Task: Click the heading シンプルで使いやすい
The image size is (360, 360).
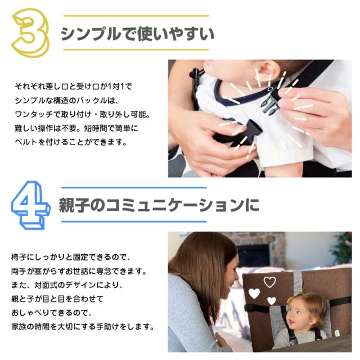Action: (137, 34)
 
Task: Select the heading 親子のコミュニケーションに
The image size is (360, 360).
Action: (159, 205)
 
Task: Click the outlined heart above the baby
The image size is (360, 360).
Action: (269, 282)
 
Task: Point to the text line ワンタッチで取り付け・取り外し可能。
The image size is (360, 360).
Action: (82, 114)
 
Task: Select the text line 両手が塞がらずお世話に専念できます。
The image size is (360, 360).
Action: (79, 271)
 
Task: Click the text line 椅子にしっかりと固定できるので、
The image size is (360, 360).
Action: (71, 257)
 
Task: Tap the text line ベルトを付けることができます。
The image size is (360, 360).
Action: (71, 142)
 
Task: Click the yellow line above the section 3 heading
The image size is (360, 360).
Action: (136, 16)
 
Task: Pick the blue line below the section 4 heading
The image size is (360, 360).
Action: (134, 222)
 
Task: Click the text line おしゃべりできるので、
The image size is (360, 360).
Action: (52, 313)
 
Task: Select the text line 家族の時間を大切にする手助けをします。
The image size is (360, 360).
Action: (83, 326)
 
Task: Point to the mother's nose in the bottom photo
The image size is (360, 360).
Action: (236, 278)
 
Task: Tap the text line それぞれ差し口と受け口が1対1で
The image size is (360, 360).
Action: (74, 86)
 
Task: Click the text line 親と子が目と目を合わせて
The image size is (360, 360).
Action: (57, 299)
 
